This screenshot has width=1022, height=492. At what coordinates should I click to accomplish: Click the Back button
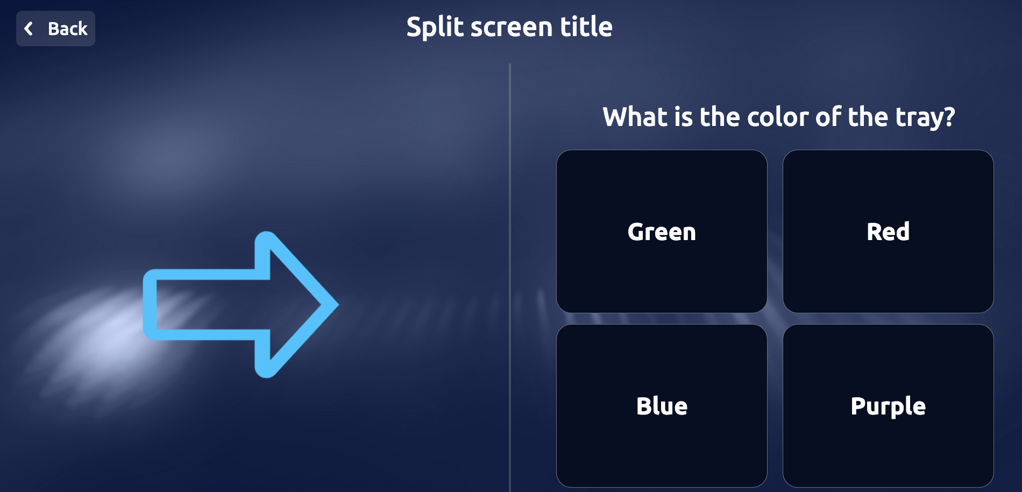[x=55, y=29]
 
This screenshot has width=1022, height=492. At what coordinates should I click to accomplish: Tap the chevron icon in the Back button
[x=29, y=29]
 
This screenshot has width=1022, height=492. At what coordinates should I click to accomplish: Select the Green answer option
[x=662, y=231]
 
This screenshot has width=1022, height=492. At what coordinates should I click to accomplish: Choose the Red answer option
[x=888, y=231]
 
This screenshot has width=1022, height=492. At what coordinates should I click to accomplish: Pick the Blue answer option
[x=662, y=406]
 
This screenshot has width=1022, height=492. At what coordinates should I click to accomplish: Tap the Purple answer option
[x=888, y=406]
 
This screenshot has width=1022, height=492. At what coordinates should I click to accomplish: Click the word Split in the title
[x=436, y=27]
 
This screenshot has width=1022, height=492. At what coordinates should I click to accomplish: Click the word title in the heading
[x=586, y=27]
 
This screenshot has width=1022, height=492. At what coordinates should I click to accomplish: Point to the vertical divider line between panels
[x=509, y=269]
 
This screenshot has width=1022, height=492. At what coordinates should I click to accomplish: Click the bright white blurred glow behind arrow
[x=108, y=334]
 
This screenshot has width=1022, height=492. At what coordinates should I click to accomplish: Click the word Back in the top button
[x=67, y=29]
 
